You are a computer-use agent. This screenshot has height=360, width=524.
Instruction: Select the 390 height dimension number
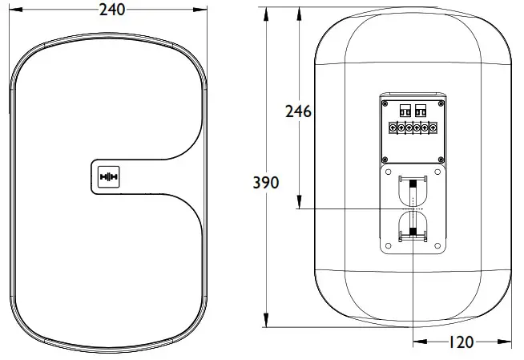point(266,183)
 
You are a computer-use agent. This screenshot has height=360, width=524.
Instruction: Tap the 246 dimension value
point(298,111)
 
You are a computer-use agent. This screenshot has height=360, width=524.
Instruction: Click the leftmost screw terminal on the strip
point(392,127)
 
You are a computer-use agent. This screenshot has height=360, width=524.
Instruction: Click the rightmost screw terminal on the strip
point(433,127)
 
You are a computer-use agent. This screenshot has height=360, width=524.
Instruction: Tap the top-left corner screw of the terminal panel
point(385,103)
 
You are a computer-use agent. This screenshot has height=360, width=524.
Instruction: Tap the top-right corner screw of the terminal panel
point(441,103)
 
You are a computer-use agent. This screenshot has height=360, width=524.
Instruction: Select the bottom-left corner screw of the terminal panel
point(385,157)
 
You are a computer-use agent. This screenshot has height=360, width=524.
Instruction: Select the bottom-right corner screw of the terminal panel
point(441,157)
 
